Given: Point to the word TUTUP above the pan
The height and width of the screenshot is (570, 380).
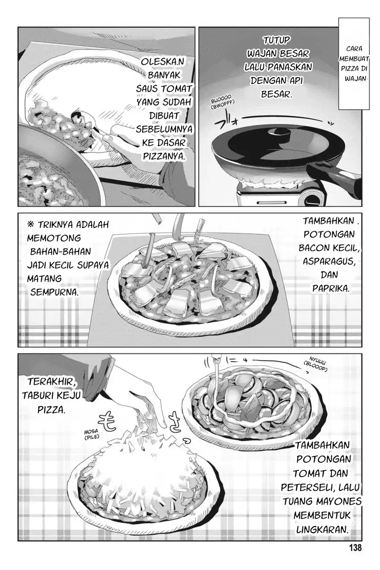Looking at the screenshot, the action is point(276,40).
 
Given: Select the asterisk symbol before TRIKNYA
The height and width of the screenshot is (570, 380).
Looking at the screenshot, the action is point(31,225).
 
